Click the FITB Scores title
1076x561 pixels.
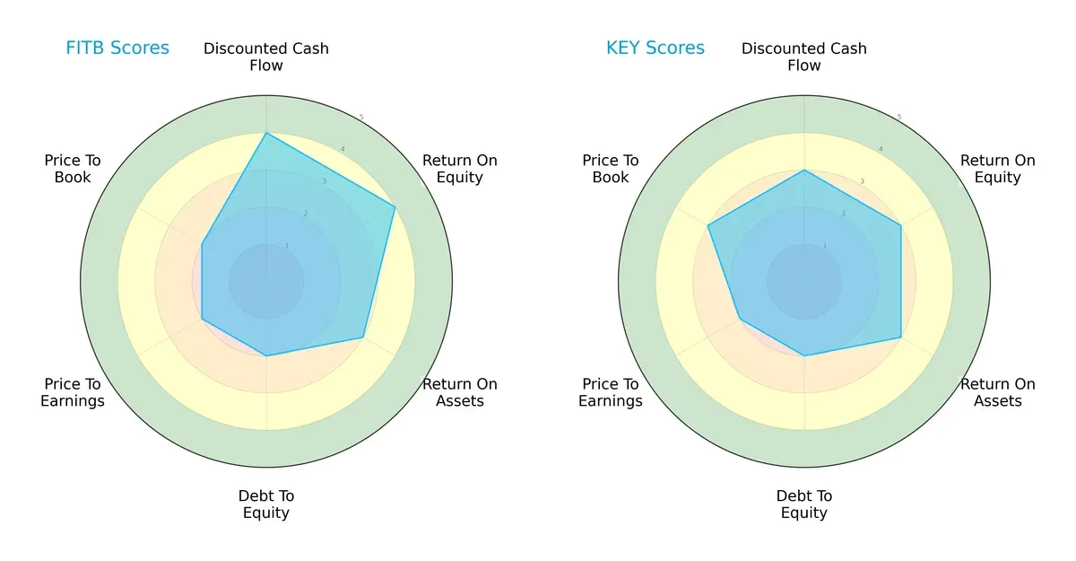[x=117, y=48]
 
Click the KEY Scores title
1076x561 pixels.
[x=655, y=48]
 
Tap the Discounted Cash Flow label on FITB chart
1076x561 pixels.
[x=266, y=57]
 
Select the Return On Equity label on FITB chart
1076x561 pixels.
[x=460, y=169]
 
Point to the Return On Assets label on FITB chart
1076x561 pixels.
[x=460, y=392]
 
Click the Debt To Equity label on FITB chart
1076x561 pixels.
[x=266, y=504]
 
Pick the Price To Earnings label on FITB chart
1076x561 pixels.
[x=73, y=392]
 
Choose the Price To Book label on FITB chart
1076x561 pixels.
[x=73, y=169]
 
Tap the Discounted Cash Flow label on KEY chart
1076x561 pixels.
[x=804, y=57]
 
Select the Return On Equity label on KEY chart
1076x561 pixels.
[x=998, y=169]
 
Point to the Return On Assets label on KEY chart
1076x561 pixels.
[x=998, y=392]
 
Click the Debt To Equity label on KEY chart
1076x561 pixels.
[x=804, y=504]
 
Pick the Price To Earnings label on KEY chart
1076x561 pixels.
[x=611, y=392]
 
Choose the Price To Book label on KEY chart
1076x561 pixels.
[x=611, y=169]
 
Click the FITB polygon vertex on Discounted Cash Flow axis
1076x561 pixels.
[x=266, y=133]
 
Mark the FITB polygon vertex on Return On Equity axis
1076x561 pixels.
[x=395, y=207]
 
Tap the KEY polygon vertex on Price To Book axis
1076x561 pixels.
[x=708, y=225]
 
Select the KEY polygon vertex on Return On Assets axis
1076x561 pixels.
[x=900, y=337]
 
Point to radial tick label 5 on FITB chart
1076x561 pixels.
[x=361, y=118]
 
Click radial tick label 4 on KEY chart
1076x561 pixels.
[x=880, y=149]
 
